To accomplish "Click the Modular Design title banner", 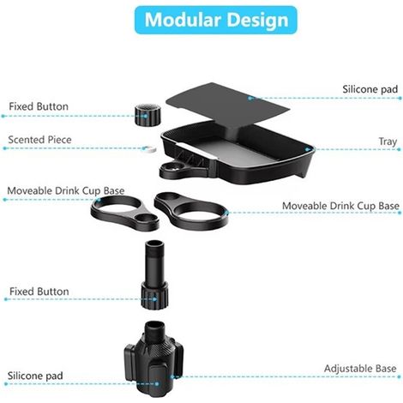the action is (216, 20).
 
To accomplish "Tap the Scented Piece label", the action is (39, 140).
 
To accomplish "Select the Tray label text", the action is (388, 141).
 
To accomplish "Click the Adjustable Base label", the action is (360, 369).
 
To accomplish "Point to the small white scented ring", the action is (149, 149).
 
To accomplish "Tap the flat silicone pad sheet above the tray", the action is (228, 105).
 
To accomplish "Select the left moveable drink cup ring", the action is (125, 213).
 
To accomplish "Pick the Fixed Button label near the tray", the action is (39, 106).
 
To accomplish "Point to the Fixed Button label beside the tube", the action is (39, 292).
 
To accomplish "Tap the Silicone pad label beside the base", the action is (35, 376).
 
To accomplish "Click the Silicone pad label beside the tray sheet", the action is (370, 89).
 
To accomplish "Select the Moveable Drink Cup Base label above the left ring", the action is (66, 190).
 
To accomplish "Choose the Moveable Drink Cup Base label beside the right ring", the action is (340, 206).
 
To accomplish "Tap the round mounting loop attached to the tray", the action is (174, 171).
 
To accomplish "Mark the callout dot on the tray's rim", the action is (308, 149).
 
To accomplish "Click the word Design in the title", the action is (257, 20).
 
